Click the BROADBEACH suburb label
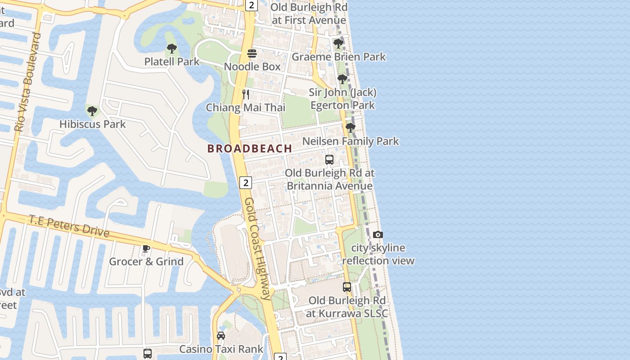pyautogui.click(x=250, y=148)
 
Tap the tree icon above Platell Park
pyautogui.click(x=171, y=49)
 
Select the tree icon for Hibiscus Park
pyautogui.click(x=92, y=111)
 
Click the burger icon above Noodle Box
pyautogui.click(x=252, y=54)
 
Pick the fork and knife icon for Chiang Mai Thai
pyautogui.click(x=246, y=94)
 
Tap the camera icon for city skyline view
pyautogui.click(x=378, y=234)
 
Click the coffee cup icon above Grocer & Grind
pyautogui.click(x=146, y=248)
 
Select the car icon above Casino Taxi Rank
pyautogui.click(x=221, y=336)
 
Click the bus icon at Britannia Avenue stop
pyautogui.click(x=329, y=160)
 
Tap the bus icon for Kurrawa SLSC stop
pyautogui.click(x=346, y=287)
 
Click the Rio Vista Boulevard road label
pyautogui.click(x=28, y=82)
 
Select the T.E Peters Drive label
pyautogui.click(x=69, y=225)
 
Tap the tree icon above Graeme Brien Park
pyautogui.click(x=338, y=44)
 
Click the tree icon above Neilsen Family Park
pyautogui.click(x=350, y=128)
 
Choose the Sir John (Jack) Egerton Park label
pyautogui.click(x=342, y=99)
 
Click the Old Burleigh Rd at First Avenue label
pyautogui.click(x=309, y=14)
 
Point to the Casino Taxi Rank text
pyautogui.click(x=221, y=349)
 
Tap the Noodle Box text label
pyautogui.click(x=252, y=67)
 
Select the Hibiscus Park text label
pyautogui.click(x=93, y=124)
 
